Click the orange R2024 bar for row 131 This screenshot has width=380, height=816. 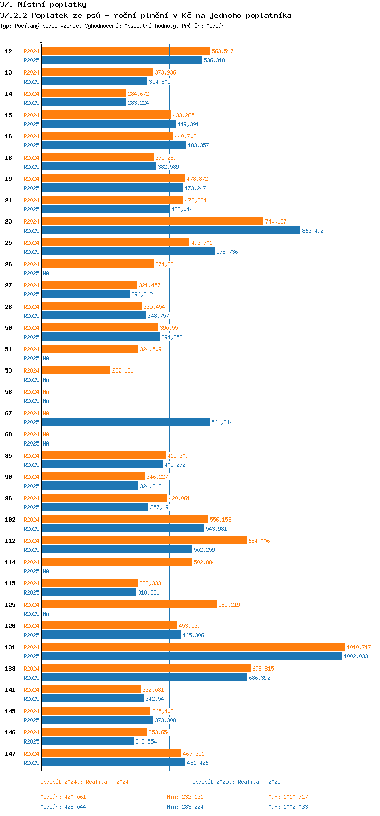[193, 647]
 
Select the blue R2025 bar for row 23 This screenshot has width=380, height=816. [170, 230]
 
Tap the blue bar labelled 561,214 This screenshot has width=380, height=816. [125, 422]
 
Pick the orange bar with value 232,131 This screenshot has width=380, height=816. [75, 370]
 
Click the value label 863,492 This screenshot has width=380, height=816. [313, 231]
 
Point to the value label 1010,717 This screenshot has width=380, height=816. [359, 647]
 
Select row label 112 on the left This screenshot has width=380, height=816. [10, 541]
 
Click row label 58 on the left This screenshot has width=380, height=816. [8, 392]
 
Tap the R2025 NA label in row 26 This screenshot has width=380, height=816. [46, 273]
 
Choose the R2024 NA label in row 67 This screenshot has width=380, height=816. [46, 413]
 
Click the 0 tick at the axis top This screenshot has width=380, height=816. [41, 42]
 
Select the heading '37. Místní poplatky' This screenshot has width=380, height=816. [43, 5]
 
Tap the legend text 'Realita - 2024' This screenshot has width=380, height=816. [107, 782]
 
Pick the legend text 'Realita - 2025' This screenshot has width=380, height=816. [259, 782]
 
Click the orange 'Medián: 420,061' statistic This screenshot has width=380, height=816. [63, 797]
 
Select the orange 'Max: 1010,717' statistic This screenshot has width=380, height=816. [288, 797]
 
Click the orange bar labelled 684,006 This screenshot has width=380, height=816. [144, 540]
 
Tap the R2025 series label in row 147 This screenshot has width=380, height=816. [31, 763]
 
